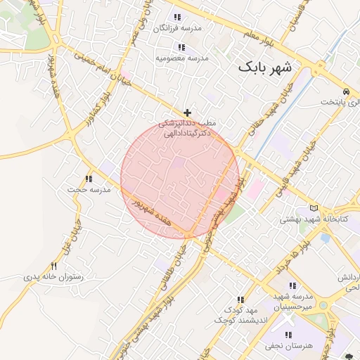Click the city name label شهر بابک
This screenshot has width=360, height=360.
269,67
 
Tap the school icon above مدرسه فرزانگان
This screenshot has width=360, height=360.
177,17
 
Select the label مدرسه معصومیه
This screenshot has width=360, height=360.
182,58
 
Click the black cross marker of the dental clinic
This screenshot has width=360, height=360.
187,112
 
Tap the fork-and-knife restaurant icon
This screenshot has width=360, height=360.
54,266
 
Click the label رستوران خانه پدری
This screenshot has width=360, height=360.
54,276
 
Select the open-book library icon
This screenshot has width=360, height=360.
314,208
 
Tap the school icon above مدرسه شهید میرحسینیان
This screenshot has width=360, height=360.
292,285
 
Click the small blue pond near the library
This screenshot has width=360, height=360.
325,238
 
